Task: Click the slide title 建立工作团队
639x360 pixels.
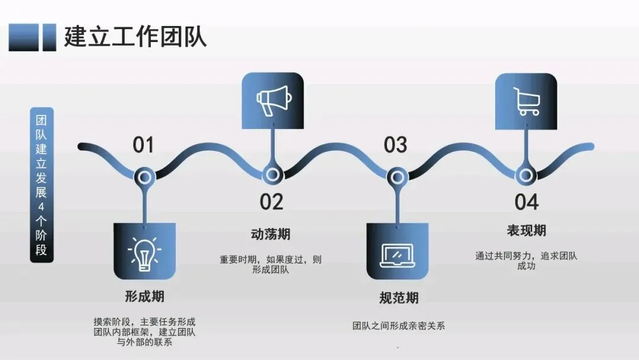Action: tap(135, 37)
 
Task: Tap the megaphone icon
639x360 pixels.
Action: tap(273, 101)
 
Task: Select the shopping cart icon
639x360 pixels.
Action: tap(526, 101)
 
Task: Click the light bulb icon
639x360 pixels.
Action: tap(144, 253)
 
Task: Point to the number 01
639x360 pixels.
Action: tap(143, 145)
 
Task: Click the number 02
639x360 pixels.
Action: tap(272, 202)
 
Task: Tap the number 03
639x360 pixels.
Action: tap(395, 145)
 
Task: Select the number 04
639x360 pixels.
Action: tap(526, 202)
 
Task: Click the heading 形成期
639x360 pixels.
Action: tap(144, 296)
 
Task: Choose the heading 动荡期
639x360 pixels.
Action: tap(271, 234)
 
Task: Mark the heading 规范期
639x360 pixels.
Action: tap(399, 297)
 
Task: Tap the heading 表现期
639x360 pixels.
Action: tap(526, 230)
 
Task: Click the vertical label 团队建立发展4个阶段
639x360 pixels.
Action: tap(41, 184)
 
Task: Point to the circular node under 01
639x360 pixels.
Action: tap(144, 175)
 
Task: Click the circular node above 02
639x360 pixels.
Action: tap(272, 175)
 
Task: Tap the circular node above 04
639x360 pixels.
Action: tap(524, 175)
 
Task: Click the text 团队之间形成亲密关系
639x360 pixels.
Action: tap(398, 326)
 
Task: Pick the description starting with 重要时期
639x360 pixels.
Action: tap(271, 265)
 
